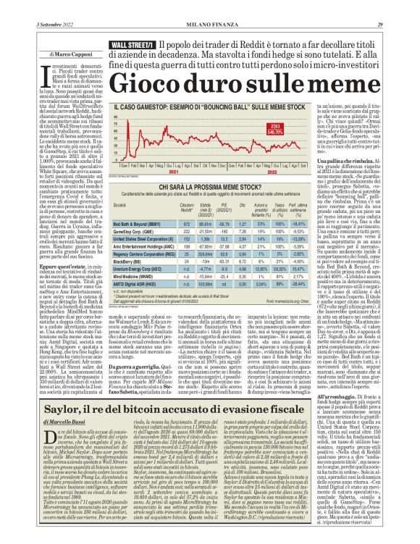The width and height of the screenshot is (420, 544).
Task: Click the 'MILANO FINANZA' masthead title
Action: tap(209, 6)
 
